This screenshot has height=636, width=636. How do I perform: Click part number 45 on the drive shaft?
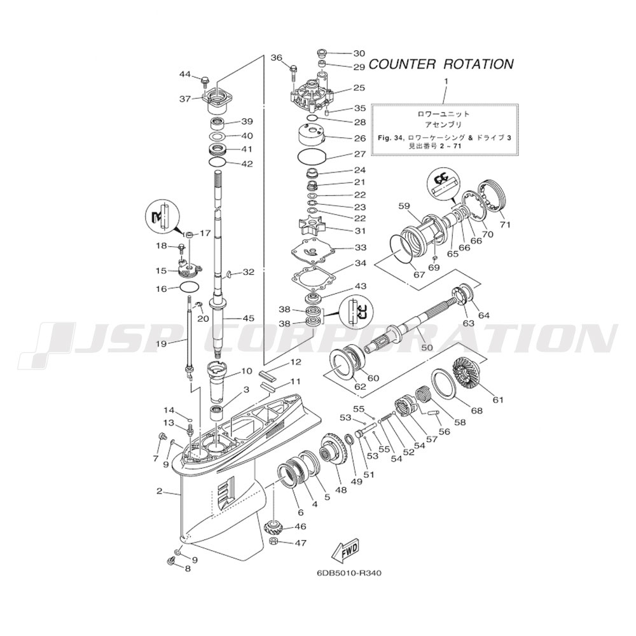coord(247,318)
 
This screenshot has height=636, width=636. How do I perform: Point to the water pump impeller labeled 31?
coord(310,228)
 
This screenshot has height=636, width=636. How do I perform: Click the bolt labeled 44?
coord(205,81)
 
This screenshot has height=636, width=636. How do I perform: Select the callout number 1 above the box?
coord(446,81)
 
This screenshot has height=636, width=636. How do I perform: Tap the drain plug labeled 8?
coord(171,560)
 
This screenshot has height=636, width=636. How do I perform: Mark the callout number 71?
coord(506,225)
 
